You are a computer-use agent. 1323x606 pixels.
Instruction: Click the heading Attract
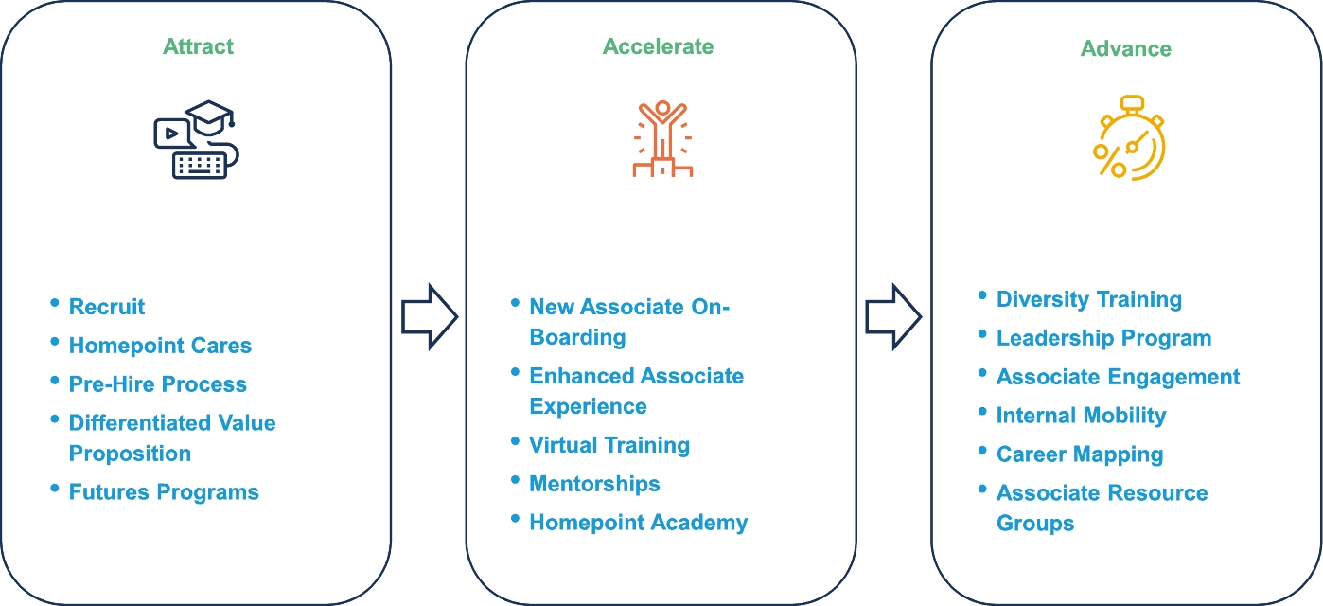[198, 46]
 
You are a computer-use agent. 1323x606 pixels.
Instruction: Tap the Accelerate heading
[658, 46]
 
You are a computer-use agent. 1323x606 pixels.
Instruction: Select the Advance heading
[1126, 48]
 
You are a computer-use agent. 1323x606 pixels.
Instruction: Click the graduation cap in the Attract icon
[210, 117]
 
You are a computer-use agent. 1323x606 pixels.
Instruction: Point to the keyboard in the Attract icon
[200, 165]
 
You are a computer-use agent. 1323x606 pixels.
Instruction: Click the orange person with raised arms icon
[662, 139]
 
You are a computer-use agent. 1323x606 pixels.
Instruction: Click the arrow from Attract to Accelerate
[430, 317]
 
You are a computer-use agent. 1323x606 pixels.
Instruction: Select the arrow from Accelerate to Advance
[893, 317]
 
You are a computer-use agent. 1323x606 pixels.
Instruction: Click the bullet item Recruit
[107, 307]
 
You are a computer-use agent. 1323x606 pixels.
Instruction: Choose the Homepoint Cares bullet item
[160, 346]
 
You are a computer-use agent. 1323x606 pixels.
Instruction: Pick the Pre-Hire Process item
[158, 384]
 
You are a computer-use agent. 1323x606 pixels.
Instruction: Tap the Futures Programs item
[164, 492]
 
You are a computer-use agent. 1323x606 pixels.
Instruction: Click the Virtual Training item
[609, 445]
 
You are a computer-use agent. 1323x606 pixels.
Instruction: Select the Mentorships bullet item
[594, 484]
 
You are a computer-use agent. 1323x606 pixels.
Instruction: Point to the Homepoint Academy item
[639, 523]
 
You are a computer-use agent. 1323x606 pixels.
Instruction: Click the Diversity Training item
[1089, 300]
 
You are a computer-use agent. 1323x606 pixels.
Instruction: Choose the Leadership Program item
[1103, 338]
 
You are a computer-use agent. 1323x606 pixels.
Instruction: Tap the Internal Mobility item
[1082, 416]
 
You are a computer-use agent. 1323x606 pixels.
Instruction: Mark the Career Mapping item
[1080, 454]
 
